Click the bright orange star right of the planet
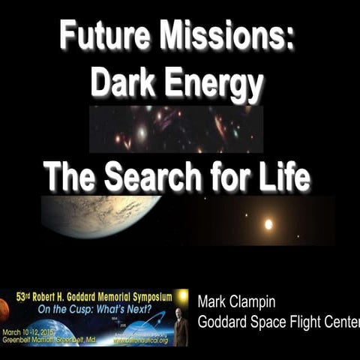[268, 223]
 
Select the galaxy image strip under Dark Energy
[175, 129]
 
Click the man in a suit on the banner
[181, 327]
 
